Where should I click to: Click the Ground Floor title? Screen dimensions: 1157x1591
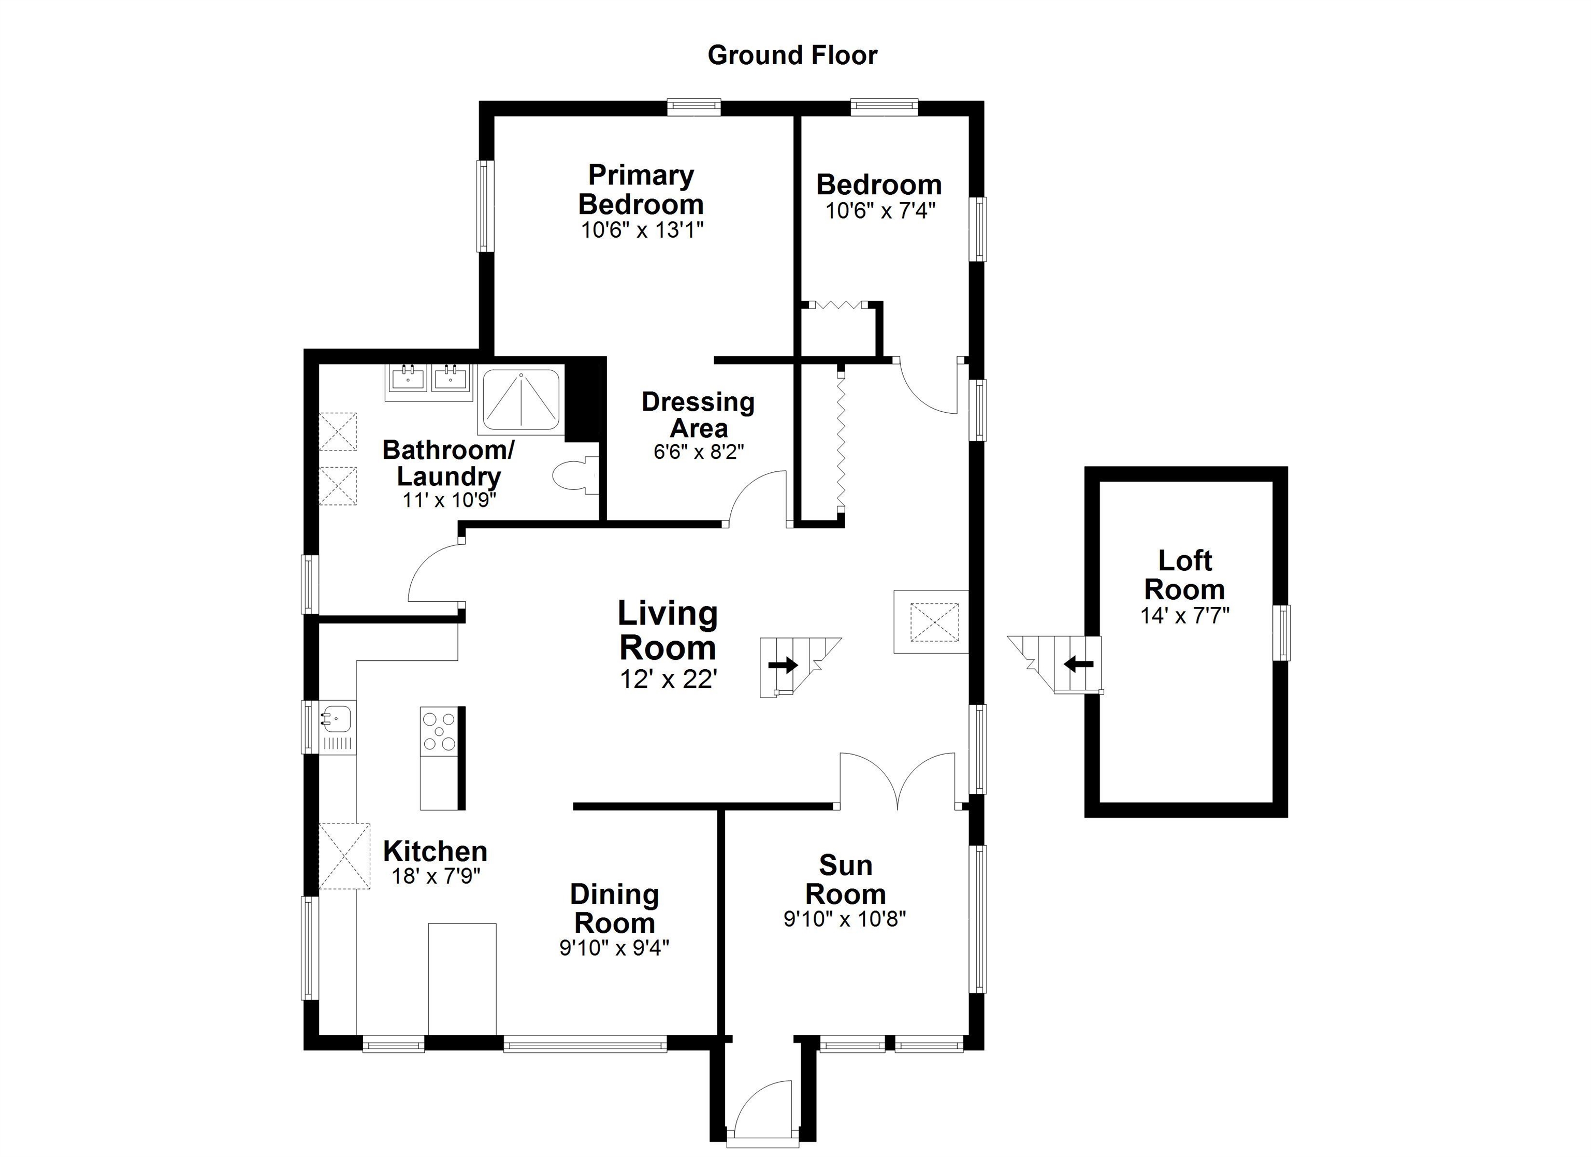792,55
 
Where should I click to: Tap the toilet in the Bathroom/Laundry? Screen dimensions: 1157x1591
574,476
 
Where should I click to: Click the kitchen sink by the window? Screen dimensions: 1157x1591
336,719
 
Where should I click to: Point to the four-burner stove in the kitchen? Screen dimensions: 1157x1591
439,732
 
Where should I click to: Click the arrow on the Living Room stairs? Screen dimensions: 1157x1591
783,665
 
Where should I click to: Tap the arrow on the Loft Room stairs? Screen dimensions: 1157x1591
1078,663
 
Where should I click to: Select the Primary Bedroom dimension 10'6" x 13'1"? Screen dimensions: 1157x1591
641,230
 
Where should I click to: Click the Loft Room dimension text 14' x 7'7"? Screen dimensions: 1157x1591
1185,615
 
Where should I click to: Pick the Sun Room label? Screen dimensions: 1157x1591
845,880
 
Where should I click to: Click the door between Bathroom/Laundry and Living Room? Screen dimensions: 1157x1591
433,575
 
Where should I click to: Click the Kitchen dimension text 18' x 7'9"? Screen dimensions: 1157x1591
436,876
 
